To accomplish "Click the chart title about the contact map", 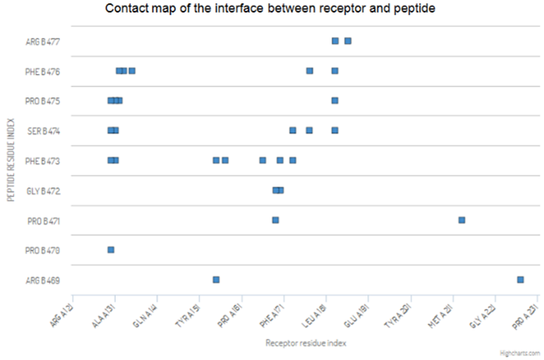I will pyautogui.click(x=272, y=10).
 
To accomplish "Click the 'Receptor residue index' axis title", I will pyautogui.click(x=305, y=342).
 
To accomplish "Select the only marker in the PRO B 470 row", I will pyautogui.click(x=111, y=250).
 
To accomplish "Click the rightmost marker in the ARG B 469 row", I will pyautogui.click(x=521, y=280).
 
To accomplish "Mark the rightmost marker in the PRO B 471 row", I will pyautogui.click(x=462, y=220).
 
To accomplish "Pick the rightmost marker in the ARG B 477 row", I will pyautogui.click(x=347, y=41).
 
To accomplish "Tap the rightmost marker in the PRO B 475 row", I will pyautogui.click(x=335, y=101).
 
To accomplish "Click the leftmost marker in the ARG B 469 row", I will pyautogui.click(x=216, y=280).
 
